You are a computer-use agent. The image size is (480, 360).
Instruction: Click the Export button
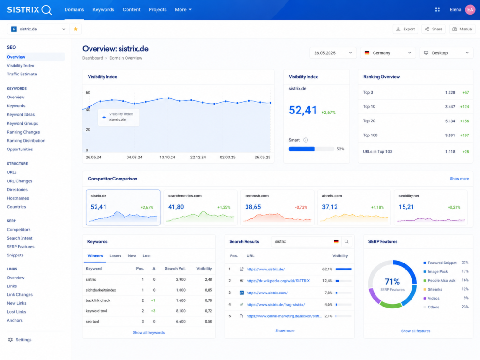[405, 29]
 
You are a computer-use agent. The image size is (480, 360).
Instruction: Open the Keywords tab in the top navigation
[103, 9]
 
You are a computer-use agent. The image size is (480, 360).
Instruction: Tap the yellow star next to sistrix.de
[75, 29]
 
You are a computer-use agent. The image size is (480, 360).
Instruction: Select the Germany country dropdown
[388, 53]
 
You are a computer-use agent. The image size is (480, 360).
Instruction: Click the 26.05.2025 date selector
[333, 53]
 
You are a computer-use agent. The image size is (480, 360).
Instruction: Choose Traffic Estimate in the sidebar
[22, 74]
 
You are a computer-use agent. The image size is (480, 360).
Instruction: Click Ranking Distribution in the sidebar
[26, 141]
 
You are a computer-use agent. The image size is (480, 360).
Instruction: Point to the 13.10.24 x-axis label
[167, 157]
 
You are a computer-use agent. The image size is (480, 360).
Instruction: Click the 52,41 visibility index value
[303, 110]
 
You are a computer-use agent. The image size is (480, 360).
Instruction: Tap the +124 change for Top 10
[465, 107]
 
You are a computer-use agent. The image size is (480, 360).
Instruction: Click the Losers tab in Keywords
[115, 256]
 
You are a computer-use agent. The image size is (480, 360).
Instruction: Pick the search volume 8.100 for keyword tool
[180, 311]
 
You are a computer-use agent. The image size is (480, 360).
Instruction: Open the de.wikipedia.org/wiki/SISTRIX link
[278, 281]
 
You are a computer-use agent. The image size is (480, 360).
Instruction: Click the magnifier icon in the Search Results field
[346, 241]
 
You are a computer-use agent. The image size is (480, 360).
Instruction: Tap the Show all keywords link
[149, 332]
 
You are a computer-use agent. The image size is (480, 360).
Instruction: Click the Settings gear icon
[10, 340]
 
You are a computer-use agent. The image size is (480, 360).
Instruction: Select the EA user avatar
[470, 9]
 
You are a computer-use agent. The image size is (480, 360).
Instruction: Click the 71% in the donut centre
[392, 281]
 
